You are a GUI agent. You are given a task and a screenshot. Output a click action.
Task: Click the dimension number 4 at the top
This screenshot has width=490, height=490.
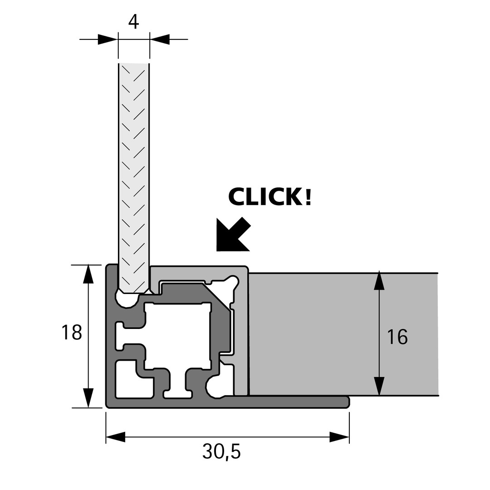133,21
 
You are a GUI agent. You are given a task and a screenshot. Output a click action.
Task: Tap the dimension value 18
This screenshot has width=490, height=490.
72,332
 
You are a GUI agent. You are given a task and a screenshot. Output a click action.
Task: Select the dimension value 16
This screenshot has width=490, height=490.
397,337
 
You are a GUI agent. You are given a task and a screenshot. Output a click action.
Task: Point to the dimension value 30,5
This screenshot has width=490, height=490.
221,451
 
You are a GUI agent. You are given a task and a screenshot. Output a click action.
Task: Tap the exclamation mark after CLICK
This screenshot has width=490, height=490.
309,196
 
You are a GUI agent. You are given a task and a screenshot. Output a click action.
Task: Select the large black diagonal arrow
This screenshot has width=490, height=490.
232,235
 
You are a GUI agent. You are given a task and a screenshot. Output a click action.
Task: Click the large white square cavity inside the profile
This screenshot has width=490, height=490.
177,336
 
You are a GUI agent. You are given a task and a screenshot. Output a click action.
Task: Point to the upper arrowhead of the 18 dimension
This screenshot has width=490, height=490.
88,274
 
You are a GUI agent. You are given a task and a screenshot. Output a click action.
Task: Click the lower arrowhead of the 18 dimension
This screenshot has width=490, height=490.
88,398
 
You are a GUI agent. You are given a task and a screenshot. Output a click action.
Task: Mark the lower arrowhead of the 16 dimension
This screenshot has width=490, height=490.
379,386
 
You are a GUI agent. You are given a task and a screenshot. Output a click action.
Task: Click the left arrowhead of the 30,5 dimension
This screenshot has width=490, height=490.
116,437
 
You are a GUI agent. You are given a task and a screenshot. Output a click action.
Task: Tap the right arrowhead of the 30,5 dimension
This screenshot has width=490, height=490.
339,437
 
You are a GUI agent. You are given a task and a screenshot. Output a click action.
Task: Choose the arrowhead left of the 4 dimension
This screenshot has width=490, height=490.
108,39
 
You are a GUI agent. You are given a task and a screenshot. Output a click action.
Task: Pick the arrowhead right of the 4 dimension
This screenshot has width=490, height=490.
160,39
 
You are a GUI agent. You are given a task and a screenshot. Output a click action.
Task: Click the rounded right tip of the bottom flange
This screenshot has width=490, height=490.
347,402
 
